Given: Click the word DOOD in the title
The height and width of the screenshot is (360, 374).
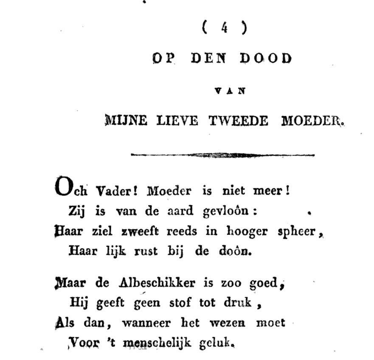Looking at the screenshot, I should pyautogui.click(x=266, y=59).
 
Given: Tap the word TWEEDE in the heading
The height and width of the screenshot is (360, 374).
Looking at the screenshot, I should pyautogui.click(x=238, y=121).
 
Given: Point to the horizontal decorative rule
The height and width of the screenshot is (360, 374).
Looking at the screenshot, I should pyautogui.click(x=222, y=155).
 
